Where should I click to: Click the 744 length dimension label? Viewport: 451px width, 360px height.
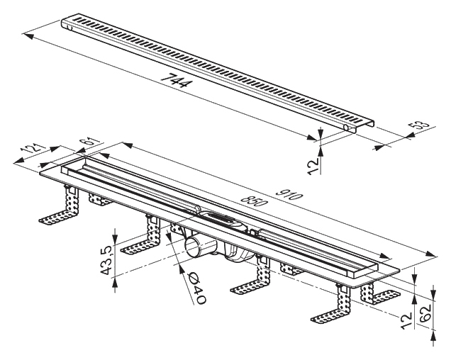[x=175, y=80]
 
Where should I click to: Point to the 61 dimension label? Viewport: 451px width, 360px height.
[x=91, y=142]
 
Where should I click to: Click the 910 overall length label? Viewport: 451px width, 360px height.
[x=289, y=195]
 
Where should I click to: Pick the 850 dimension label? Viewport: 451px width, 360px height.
[x=252, y=201]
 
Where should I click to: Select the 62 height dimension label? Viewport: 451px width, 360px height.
[x=425, y=312]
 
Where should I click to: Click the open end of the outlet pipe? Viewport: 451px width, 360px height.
[x=192, y=247]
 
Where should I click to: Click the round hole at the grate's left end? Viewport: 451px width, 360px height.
[x=69, y=28]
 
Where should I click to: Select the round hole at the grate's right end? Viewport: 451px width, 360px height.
[x=346, y=128]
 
